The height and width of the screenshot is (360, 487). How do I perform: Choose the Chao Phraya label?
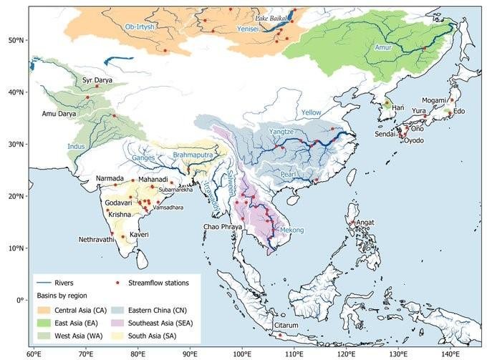click(224, 227)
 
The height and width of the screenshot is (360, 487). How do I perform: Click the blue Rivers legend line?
click(49, 283)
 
